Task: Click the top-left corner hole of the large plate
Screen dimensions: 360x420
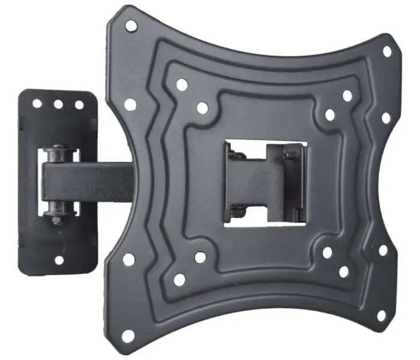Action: tap(131, 26)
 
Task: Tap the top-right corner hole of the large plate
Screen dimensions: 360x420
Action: tap(387, 52)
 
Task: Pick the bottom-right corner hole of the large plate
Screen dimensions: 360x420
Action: tap(381, 315)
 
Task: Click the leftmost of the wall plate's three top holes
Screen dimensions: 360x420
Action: tap(37, 103)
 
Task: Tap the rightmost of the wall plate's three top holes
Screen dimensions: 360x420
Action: tap(79, 105)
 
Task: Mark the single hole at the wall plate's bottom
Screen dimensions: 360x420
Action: tap(59, 260)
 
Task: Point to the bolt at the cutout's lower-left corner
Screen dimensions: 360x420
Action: tap(238, 211)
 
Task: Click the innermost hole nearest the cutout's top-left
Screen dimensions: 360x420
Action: tap(202, 108)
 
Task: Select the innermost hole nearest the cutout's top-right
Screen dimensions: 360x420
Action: tap(329, 115)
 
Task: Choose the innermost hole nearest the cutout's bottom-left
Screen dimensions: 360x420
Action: tap(200, 257)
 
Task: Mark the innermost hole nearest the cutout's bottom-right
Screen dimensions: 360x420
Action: tap(327, 253)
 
